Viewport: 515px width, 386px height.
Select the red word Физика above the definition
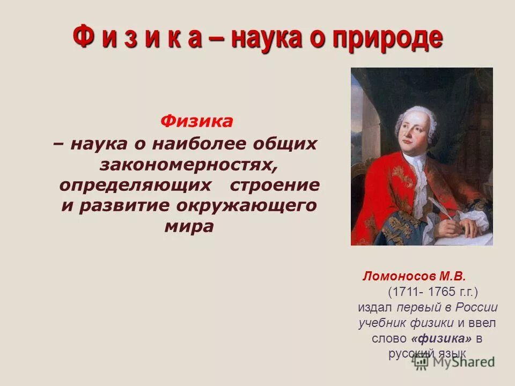click(x=196, y=122)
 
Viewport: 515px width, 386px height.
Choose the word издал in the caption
click(x=376, y=308)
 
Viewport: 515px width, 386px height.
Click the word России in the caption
click(x=477, y=308)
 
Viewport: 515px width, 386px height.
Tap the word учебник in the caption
click(x=382, y=323)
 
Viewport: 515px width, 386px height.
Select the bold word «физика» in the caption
click(x=443, y=339)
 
